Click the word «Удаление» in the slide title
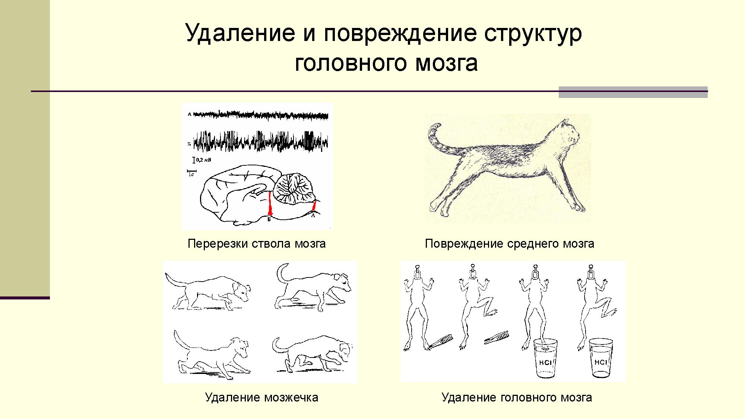[x=239, y=33]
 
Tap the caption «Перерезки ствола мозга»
[x=257, y=244]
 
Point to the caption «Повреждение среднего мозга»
[x=510, y=244]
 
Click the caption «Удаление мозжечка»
[x=261, y=397]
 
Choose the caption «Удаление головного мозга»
[x=517, y=397]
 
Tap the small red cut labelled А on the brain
[x=314, y=206]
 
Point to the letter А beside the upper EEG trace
[x=189, y=114]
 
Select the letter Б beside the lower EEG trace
[x=189, y=143]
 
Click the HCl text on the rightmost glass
[x=601, y=362]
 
